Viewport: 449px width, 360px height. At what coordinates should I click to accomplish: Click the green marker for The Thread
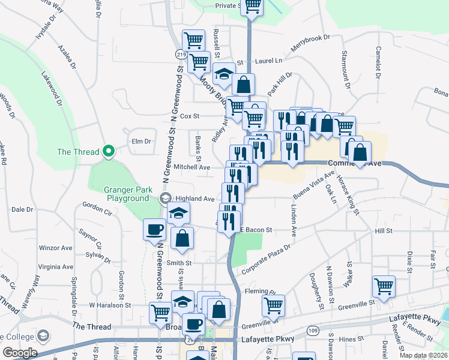109,151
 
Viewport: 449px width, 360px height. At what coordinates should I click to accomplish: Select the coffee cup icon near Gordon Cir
154,229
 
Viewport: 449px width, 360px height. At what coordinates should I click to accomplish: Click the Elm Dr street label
140,141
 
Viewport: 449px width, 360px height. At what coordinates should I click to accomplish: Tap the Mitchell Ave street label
191,167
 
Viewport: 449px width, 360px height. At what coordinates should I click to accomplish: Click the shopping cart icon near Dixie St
384,286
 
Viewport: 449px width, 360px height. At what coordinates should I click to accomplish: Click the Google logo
20,353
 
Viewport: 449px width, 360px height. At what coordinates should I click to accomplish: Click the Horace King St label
349,192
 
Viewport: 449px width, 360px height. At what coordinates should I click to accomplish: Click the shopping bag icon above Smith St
182,238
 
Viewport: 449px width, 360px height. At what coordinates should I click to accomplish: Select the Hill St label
383,230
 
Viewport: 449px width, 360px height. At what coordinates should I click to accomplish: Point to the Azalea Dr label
68,57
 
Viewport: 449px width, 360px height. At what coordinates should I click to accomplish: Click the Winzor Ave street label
55,248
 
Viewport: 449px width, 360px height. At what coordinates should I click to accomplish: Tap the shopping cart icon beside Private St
252,7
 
